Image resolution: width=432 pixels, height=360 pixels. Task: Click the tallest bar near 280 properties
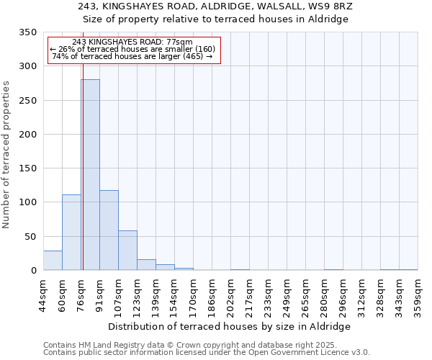[90, 175]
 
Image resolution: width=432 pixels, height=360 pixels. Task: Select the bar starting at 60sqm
[71, 233]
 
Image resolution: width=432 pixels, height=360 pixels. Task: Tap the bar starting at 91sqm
[109, 230]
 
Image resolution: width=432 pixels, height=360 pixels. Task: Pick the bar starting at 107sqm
[127, 251]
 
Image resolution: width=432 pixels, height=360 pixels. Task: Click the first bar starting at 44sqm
[53, 261]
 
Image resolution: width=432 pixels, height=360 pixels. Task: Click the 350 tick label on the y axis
[27, 32]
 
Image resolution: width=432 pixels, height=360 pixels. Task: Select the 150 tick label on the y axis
[27, 168]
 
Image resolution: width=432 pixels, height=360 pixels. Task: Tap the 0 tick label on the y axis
[33, 271]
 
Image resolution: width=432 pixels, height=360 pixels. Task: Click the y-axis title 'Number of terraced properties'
[7, 155]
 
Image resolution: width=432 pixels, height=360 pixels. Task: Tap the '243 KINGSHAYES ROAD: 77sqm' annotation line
[132, 42]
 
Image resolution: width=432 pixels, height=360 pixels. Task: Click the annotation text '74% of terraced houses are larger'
[132, 56]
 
